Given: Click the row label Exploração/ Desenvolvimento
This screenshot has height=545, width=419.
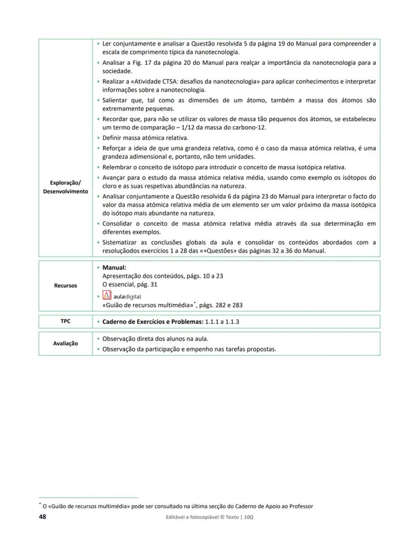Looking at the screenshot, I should [65, 187].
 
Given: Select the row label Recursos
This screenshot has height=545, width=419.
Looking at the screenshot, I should [65, 285].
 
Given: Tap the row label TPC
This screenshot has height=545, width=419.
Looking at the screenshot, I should [65, 321].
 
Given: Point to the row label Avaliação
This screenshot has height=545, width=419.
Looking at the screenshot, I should [65, 343].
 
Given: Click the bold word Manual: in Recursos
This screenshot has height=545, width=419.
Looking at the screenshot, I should [114, 267].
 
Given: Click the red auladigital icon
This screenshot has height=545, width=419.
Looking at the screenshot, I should [107, 296].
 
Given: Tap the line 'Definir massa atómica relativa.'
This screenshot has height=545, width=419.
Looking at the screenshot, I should [145, 138].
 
